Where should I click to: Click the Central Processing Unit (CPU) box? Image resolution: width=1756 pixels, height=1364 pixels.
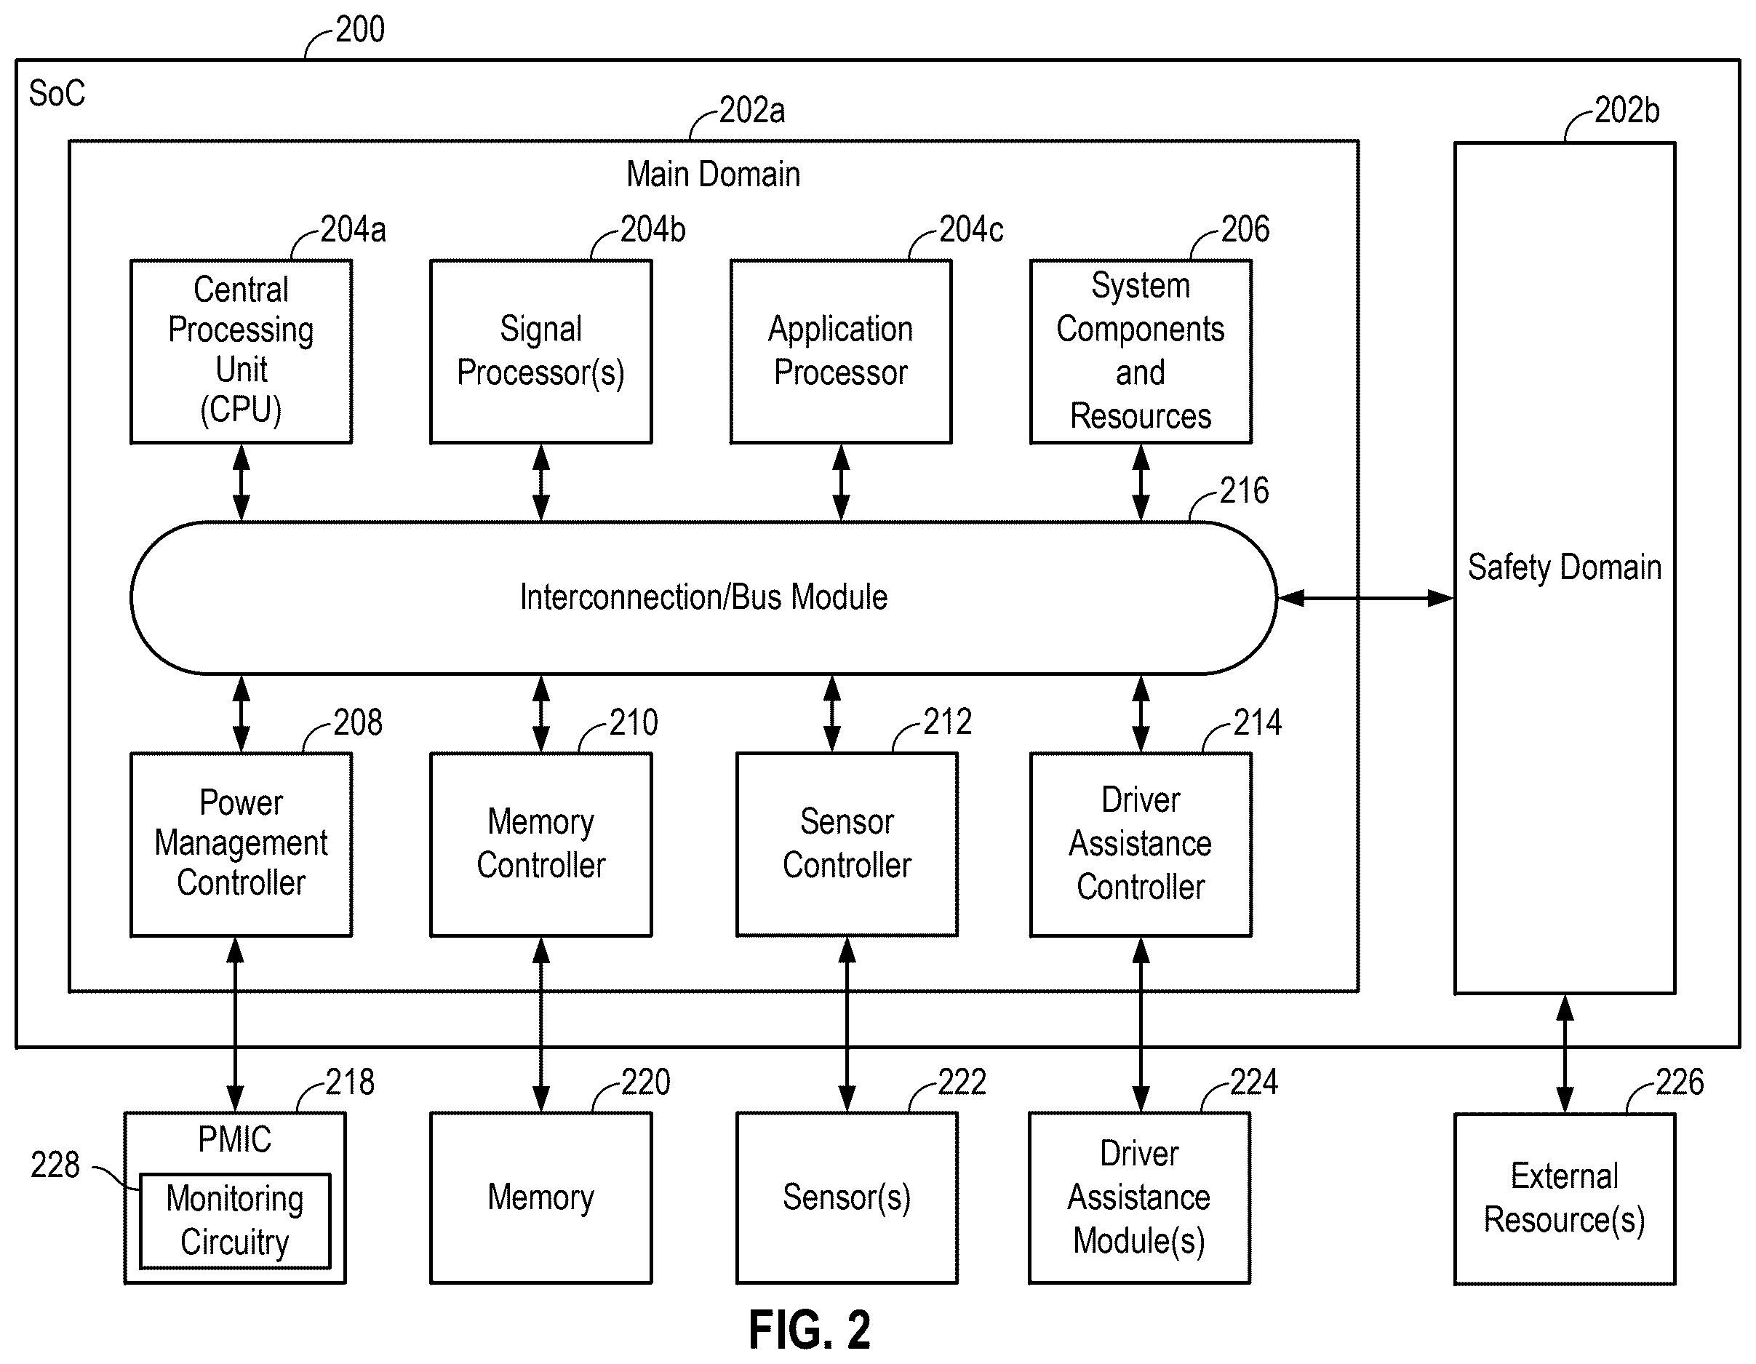point(242,351)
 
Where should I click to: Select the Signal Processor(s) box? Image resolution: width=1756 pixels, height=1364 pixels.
point(541,351)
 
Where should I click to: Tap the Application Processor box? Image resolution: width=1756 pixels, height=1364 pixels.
point(841,351)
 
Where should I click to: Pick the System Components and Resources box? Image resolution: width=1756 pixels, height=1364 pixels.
point(1141,351)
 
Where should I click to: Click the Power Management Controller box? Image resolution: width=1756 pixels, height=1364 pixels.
point(242,845)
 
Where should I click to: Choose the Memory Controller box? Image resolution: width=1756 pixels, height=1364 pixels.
point(541,845)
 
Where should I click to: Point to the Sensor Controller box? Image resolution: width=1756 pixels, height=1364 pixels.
point(847,845)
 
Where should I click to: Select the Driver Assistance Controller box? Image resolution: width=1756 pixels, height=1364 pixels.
point(1141,845)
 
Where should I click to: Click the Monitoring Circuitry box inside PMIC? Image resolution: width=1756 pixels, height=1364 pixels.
point(235,1221)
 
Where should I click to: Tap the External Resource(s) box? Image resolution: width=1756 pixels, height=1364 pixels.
point(1565,1198)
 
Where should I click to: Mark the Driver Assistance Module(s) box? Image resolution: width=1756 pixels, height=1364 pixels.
point(1139,1197)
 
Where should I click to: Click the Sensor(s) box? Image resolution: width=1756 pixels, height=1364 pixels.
point(847,1197)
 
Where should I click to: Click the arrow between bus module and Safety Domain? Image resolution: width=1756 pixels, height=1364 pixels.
point(1366,599)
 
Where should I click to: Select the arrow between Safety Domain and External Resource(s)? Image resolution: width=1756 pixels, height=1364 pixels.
point(1565,1053)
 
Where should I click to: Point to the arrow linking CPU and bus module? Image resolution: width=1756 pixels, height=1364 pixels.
point(242,482)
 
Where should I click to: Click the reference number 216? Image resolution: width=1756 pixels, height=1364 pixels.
point(1244,490)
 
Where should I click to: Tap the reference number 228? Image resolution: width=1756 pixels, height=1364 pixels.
point(55,1165)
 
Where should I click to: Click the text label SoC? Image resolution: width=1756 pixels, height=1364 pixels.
point(57,93)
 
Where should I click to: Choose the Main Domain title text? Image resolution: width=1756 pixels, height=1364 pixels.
point(713,174)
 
